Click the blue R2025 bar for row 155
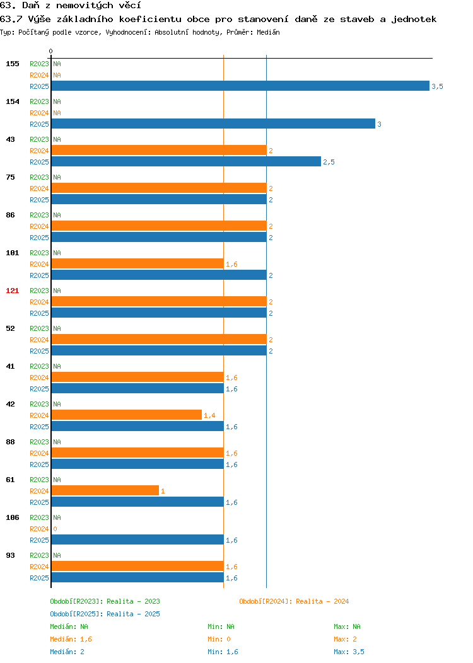[240, 86]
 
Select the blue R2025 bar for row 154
[213, 124]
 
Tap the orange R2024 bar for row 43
[159, 150]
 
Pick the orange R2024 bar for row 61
[105, 490]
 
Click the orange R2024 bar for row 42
[127, 415]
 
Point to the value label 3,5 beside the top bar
[438, 86]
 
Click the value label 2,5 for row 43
[329, 162]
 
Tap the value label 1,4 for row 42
[209, 415]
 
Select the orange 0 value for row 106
[55, 529]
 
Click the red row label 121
[12, 291]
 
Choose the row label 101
[12, 253]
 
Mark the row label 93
[10, 555]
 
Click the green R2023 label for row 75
[39, 177]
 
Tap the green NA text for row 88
[57, 442]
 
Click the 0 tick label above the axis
[51, 51]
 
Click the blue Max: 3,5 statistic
[349, 652]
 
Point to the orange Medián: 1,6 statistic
[71, 639]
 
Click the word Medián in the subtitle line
[268, 32]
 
